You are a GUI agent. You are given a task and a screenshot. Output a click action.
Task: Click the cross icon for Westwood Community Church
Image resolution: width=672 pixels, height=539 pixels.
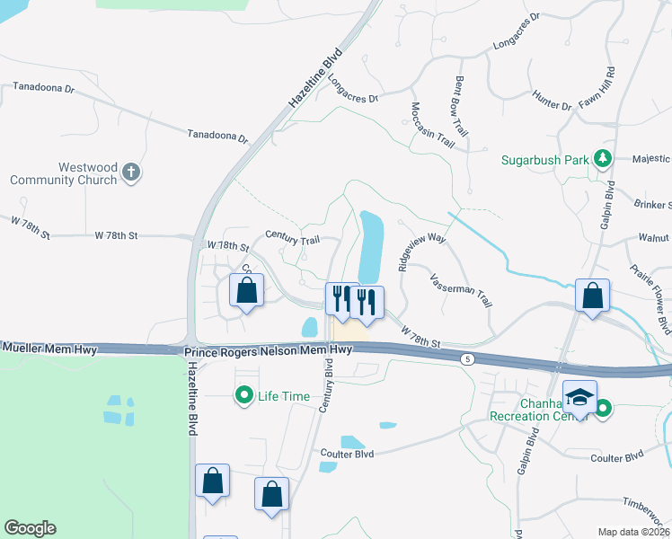click(131, 172)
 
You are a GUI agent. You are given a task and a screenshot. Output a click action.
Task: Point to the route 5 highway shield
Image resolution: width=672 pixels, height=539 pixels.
click(467, 359)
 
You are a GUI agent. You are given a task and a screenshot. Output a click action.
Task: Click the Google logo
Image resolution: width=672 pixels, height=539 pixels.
click(30, 528)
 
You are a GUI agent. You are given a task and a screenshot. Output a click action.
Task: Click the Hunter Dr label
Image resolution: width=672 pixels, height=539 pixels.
click(552, 100)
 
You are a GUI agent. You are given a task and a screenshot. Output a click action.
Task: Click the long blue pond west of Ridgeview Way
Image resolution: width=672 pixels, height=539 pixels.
click(370, 247)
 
